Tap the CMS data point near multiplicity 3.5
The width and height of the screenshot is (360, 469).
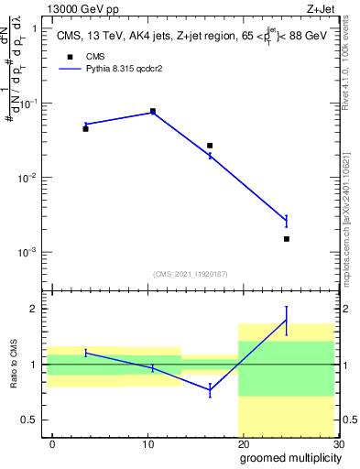(85, 129)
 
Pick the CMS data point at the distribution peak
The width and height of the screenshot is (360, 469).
(152, 111)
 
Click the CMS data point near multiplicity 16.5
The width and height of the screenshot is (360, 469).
(210, 146)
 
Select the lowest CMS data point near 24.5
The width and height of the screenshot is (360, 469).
(287, 239)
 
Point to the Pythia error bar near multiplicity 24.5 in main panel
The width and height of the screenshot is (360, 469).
(287, 220)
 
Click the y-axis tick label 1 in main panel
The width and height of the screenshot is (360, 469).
(34, 28)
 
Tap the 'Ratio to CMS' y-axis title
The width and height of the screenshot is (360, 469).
(14, 364)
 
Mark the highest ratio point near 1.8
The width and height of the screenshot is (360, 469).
(287, 320)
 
